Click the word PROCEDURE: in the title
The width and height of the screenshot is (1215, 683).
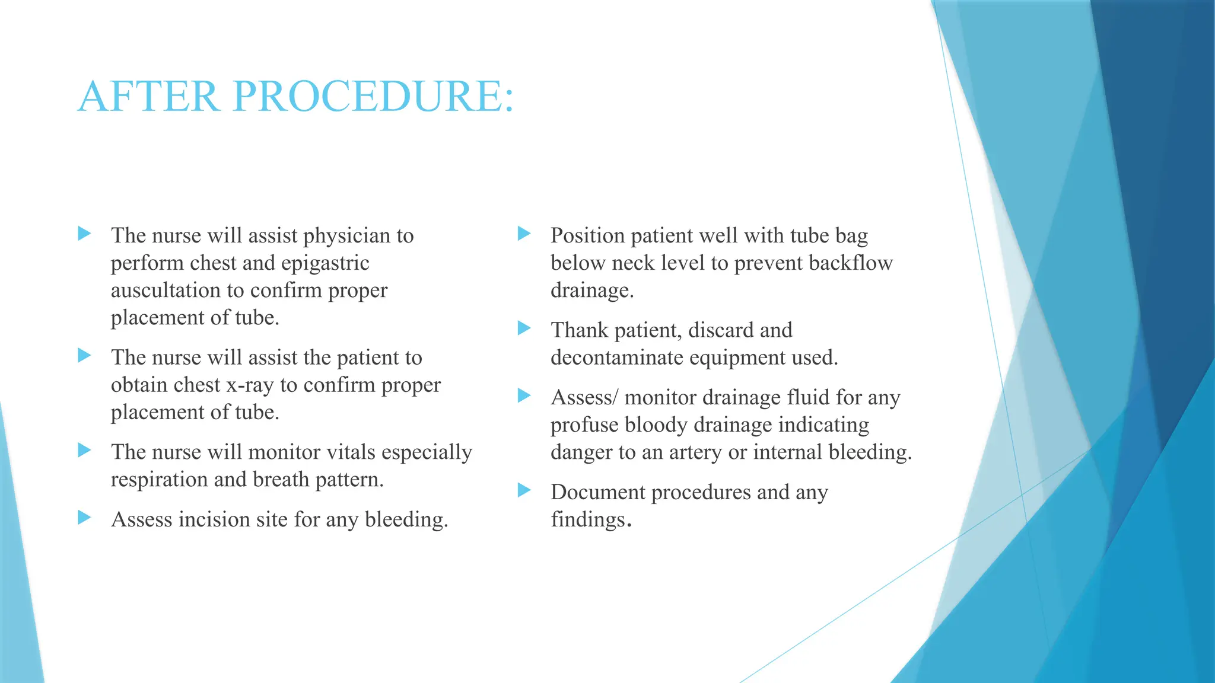click(x=373, y=96)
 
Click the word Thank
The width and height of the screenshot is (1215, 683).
click(x=579, y=330)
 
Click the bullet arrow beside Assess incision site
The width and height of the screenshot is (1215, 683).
click(x=85, y=518)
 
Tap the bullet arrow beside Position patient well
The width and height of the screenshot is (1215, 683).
click(x=524, y=234)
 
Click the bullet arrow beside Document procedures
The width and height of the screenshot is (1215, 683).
click(x=524, y=490)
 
